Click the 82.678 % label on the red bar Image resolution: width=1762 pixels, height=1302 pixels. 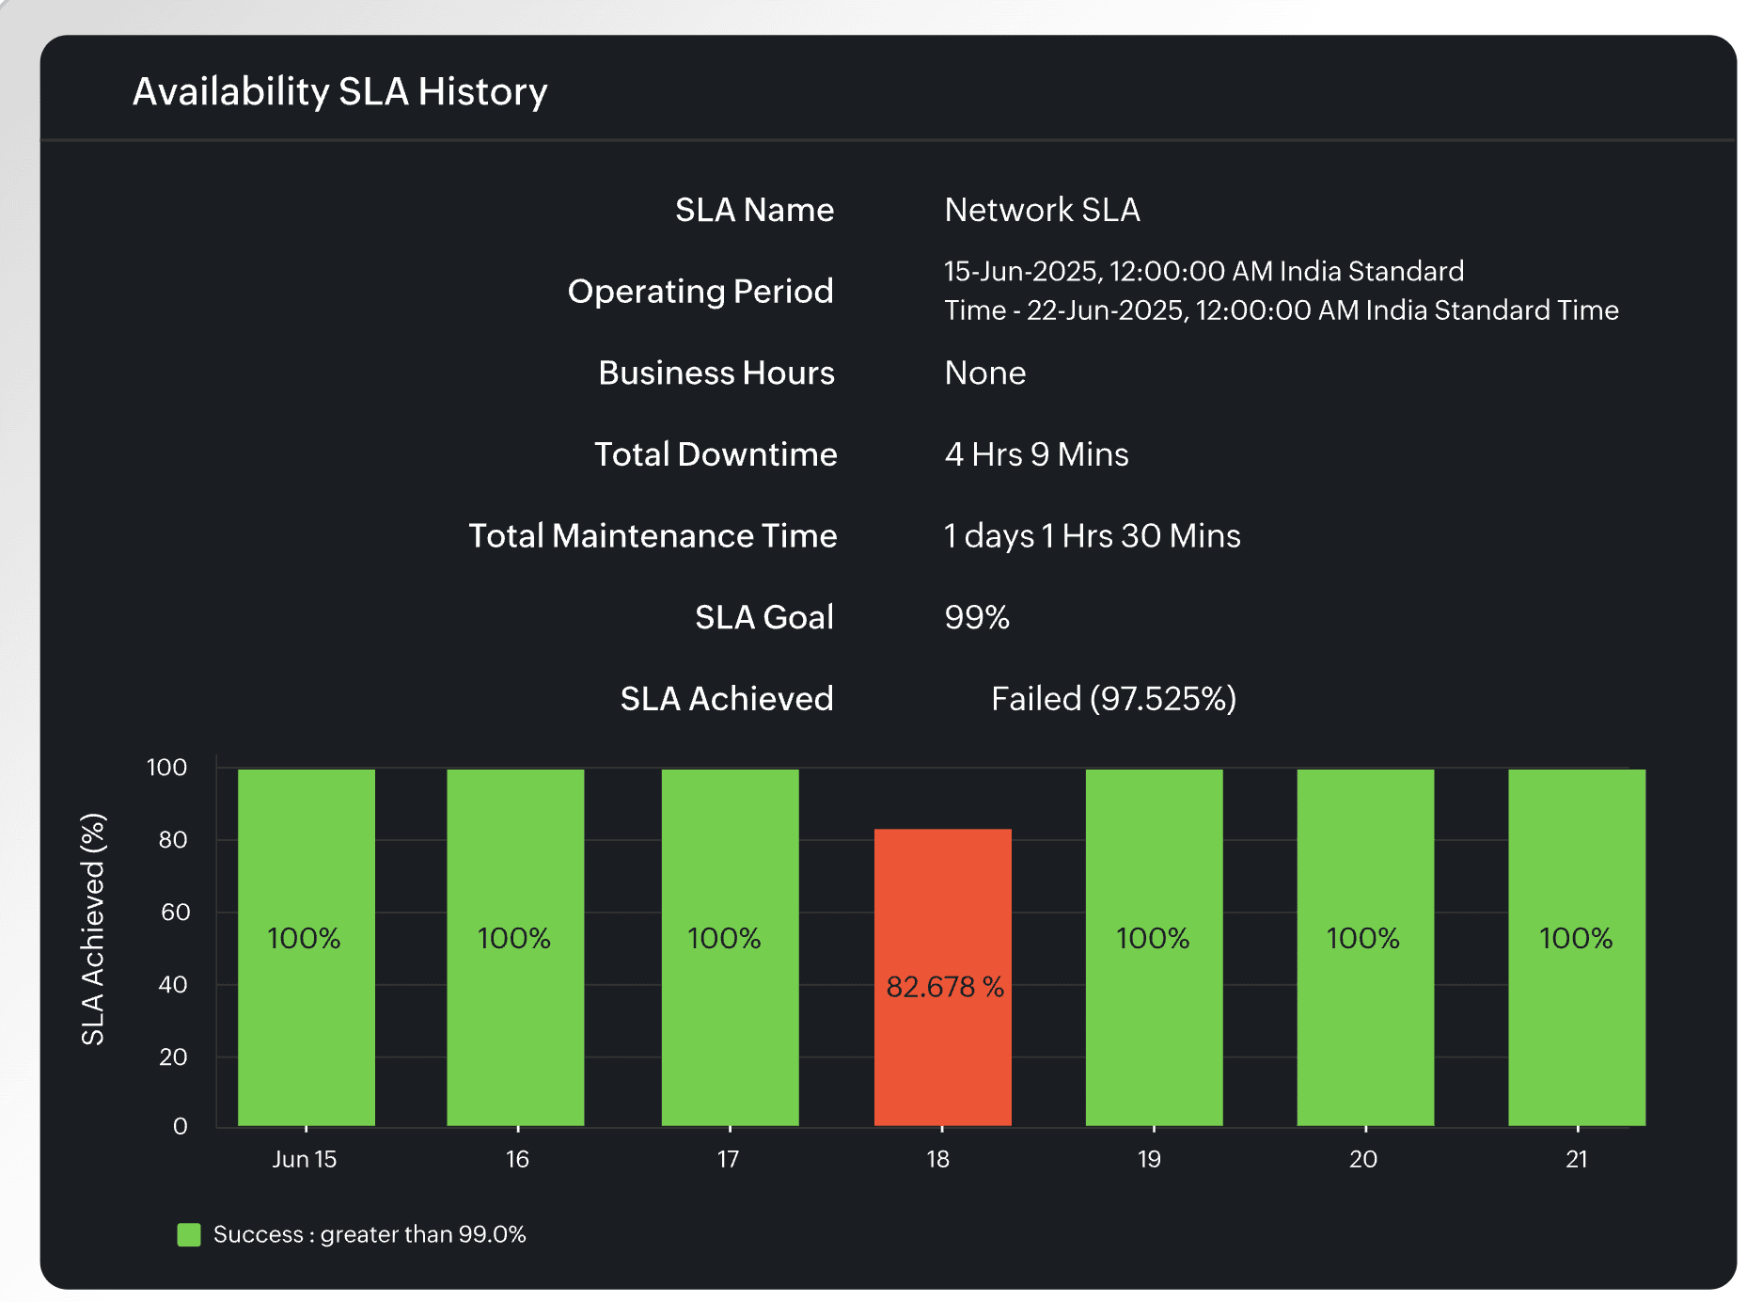click(x=944, y=987)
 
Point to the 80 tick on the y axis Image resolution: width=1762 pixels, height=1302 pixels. click(x=173, y=839)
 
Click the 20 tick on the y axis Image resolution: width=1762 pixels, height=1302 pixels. click(x=173, y=1056)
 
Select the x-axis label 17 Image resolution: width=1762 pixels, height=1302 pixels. click(x=728, y=1159)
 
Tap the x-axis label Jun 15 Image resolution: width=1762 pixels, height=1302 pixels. click(x=304, y=1159)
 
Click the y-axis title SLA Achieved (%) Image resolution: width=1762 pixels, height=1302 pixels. click(x=92, y=929)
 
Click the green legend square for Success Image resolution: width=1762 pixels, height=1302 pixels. click(x=189, y=1234)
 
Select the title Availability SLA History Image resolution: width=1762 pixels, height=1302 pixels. click(x=339, y=91)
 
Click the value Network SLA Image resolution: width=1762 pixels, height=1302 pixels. click(x=1042, y=210)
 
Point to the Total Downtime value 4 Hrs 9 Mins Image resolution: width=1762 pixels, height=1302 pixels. click(x=1036, y=454)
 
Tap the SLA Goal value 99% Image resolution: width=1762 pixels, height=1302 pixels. click(x=976, y=617)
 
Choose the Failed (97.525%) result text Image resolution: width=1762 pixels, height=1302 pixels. click(x=1113, y=699)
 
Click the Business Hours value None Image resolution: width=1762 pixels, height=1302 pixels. click(x=984, y=373)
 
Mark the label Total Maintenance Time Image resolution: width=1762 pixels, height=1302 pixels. click(x=653, y=536)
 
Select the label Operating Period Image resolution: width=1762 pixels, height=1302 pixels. click(x=700, y=292)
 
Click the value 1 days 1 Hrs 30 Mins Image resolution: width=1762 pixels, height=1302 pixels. click(x=1092, y=536)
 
